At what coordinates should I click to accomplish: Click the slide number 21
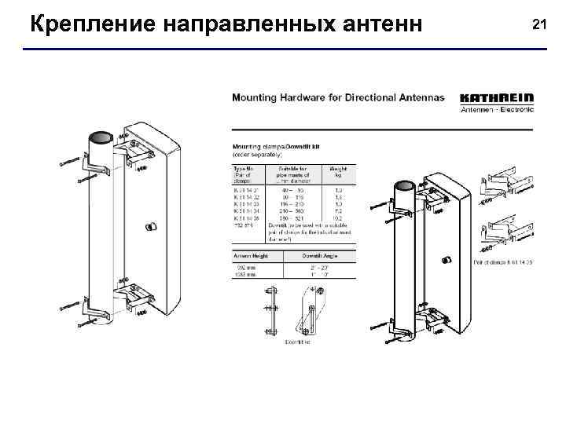click(538, 25)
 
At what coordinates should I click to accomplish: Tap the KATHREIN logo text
click(496, 98)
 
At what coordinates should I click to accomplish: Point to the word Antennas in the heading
click(417, 99)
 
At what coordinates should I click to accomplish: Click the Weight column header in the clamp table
click(338, 170)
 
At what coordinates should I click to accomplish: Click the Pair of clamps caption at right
click(504, 260)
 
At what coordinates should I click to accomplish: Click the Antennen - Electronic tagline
click(496, 109)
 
